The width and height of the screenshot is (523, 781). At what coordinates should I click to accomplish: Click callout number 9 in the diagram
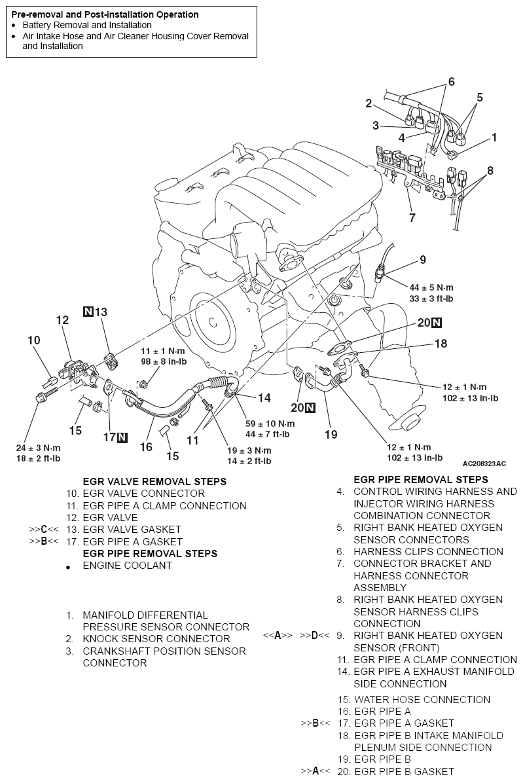(422, 260)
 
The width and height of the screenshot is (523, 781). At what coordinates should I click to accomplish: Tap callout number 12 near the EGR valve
(62, 320)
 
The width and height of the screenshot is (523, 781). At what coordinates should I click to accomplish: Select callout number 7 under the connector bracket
(412, 217)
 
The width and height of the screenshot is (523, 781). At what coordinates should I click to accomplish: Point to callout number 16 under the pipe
(145, 446)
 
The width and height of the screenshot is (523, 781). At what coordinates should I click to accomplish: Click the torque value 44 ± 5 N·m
(431, 288)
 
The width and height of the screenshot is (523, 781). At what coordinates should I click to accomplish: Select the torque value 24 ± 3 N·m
(38, 448)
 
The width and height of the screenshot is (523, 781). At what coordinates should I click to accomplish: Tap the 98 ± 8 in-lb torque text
(156, 362)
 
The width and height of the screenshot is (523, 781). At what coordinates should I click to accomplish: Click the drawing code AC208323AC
(484, 463)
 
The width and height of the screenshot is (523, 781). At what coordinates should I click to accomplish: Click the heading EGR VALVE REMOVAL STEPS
(154, 481)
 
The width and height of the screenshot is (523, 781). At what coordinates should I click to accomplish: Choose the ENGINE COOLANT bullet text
(127, 566)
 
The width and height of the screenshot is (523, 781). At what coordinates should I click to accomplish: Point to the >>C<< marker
(44, 530)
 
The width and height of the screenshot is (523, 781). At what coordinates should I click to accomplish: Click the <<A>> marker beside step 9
(278, 636)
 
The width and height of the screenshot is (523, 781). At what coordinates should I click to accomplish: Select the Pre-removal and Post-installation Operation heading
(105, 14)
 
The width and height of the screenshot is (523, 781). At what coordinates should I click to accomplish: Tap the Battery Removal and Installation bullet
(87, 25)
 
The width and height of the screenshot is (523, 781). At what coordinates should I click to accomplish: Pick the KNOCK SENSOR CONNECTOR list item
(156, 639)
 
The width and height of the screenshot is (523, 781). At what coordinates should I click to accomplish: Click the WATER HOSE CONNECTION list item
(422, 699)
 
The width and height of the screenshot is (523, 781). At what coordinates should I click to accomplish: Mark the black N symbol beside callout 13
(88, 312)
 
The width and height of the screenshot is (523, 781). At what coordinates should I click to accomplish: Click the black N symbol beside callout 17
(122, 437)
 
